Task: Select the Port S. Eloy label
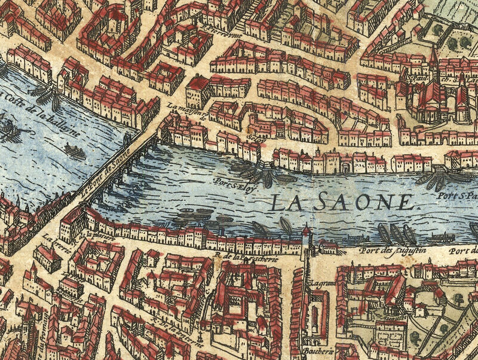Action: [229, 179]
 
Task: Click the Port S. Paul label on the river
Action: [456, 196]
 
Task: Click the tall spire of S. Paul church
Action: [433, 57]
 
